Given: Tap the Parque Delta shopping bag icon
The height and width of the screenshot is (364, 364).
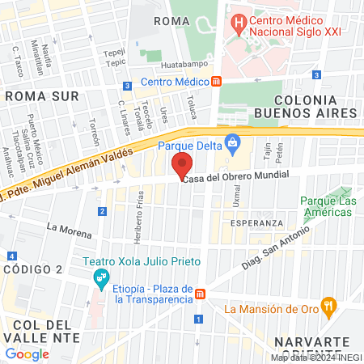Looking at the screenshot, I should pyautogui.click(x=233, y=146).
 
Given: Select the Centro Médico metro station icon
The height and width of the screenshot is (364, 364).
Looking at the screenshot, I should pyautogui.click(x=217, y=82).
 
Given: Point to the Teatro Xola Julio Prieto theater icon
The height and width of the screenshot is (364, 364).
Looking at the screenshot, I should pyautogui.click(x=100, y=279).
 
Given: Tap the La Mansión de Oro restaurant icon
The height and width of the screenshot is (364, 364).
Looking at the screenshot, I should pyautogui.click(x=328, y=307).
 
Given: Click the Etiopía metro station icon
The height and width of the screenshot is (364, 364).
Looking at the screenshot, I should pyautogui.click(x=199, y=294).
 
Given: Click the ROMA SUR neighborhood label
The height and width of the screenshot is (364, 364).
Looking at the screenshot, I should pyautogui.click(x=41, y=96).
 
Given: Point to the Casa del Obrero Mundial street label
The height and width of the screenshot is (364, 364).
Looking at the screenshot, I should pyautogui.click(x=236, y=177).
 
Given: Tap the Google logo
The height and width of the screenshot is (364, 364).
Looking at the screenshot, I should pyautogui.click(x=27, y=353).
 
